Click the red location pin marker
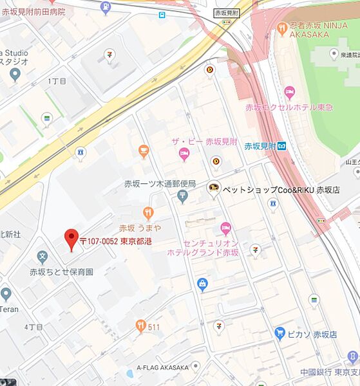coord(71,240)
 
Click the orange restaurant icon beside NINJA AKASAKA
coord(282,28)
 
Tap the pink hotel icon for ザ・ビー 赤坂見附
coord(184,154)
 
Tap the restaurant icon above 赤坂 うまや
coord(149,213)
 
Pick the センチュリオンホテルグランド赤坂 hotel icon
coord(225,228)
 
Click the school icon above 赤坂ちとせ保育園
coord(43,259)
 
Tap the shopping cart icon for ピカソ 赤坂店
coord(279,333)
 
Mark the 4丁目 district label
coord(33,327)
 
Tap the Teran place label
coord(9,308)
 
